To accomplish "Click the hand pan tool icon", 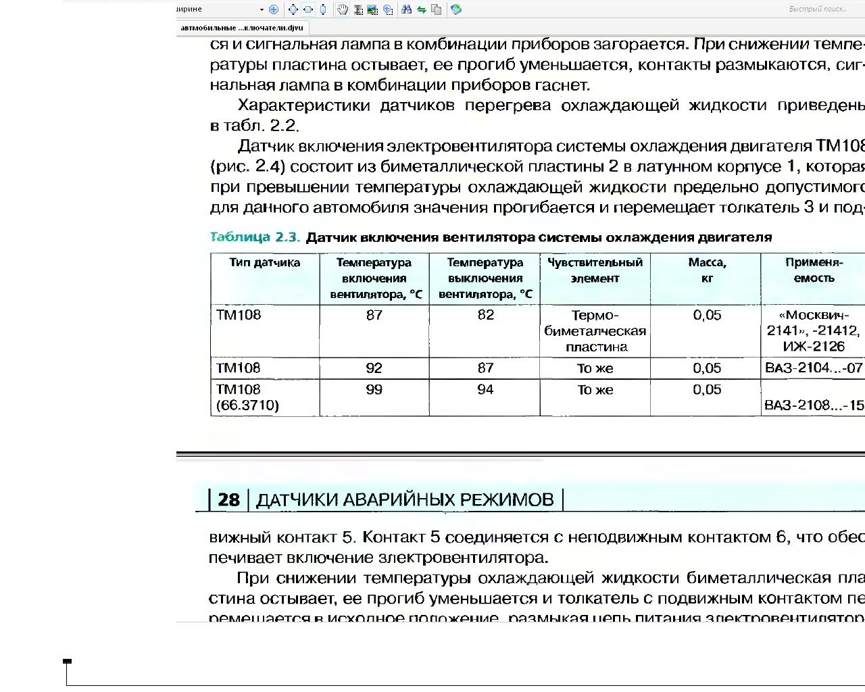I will tap(343, 9).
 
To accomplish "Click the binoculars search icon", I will tap(406, 9).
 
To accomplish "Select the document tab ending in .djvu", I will tap(242, 28).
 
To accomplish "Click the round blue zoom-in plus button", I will tap(274, 9).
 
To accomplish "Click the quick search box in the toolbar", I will tap(818, 9).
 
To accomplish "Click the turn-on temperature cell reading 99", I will tap(374, 390).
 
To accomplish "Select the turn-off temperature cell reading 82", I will tap(485, 316).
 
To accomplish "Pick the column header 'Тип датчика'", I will tap(264, 263).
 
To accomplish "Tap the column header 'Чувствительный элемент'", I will tap(595, 270).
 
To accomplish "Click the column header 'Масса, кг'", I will tap(707, 270).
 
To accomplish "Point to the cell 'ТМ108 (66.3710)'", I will tap(247, 397).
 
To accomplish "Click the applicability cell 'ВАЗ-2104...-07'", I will tap(814, 368).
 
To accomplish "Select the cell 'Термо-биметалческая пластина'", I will tap(595, 331).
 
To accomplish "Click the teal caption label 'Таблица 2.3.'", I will tap(255, 237).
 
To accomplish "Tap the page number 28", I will tap(228, 500).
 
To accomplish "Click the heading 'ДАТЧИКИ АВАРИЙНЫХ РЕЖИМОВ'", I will tap(405, 500).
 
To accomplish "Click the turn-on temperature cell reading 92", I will tap(374, 368).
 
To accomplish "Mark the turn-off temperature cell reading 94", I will tap(485, 390).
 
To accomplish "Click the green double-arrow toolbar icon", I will tap(421, 9).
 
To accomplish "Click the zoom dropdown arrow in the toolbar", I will tap(262, 9).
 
